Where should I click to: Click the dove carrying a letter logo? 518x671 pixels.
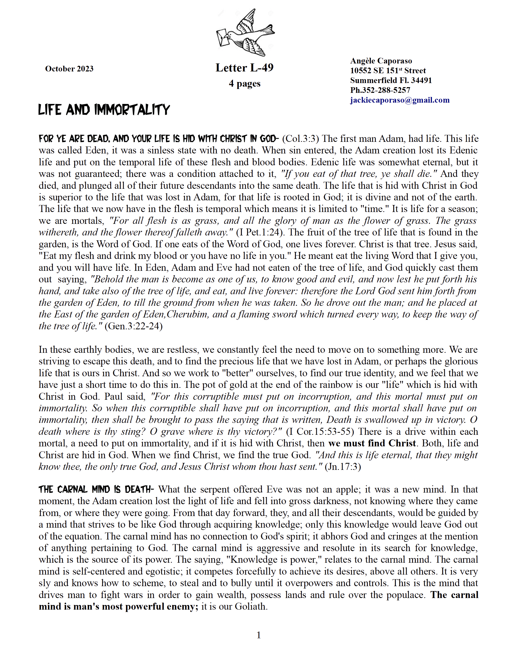(246, 32)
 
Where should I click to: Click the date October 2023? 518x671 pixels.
(69, 69)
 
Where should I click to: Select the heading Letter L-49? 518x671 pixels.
(244, 68)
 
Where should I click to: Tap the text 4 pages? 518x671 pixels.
(244, 84)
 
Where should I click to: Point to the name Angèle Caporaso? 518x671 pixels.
(381, 61)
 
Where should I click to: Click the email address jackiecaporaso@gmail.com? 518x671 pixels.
(400, 100)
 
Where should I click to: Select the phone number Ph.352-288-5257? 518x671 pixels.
(380, 90)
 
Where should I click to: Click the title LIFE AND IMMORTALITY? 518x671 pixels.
(104, 110)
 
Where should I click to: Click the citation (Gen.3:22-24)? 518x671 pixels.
(133, 326)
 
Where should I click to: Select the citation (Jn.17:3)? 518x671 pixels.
(343, 467)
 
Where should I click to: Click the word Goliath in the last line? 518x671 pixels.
(250, 607)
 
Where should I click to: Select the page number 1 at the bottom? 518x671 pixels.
(259, 635)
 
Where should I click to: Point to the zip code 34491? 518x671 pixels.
(421, 80)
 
